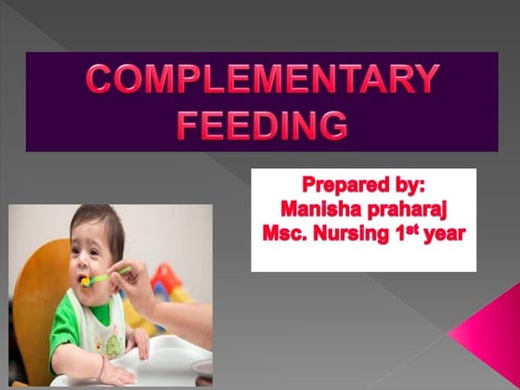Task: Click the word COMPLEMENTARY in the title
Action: click(x=262, y=81)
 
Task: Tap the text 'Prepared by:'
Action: click(x=362, y=184)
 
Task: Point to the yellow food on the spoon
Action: click(x=86, y=279)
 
